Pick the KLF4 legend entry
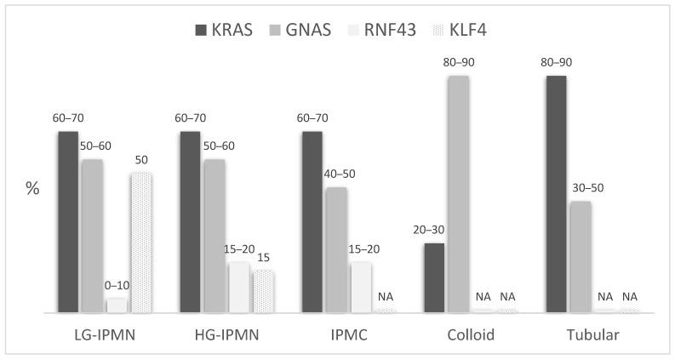point(480,31)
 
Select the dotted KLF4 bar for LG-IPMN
point(141,243)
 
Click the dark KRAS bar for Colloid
point(434,278)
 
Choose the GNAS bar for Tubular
point(581,257)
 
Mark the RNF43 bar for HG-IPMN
point(239,288)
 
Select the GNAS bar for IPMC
point(336,250)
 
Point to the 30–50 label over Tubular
point(586,187)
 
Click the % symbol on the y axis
point(32,189)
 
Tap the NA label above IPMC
point(386,296)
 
